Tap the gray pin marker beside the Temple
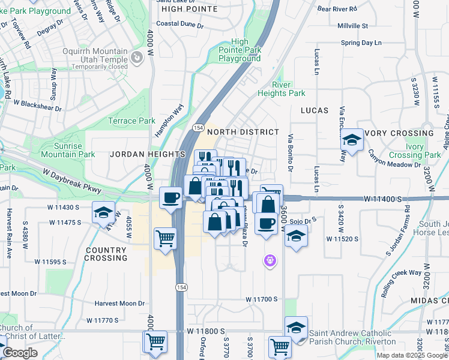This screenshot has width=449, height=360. click(137, 58)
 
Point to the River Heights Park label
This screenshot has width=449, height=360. click(281, 89)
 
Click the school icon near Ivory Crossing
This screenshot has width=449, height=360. click(352, 140)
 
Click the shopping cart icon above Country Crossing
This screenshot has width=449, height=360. click(165, 238)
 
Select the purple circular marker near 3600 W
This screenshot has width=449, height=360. click(270, 260)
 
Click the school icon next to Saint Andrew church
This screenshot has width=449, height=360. click(296, 328)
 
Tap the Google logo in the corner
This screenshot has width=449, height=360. click(19, 353)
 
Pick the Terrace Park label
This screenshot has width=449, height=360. click(131, 121)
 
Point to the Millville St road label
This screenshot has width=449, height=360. click(352, 26)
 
